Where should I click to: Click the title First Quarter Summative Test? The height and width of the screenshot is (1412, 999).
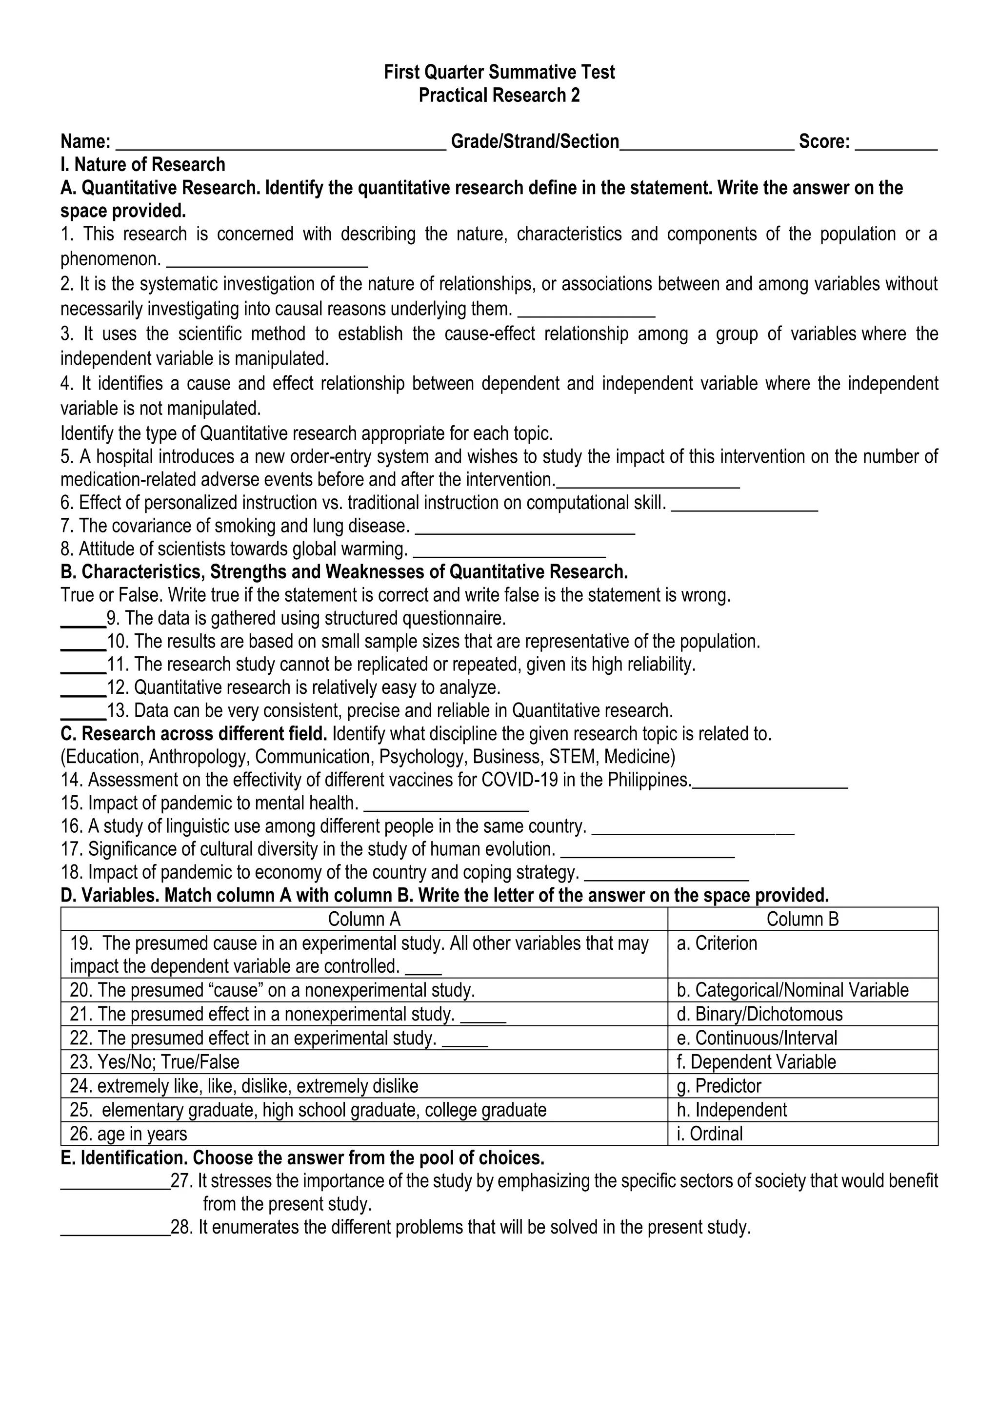499,72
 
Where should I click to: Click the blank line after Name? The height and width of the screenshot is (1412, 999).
280,145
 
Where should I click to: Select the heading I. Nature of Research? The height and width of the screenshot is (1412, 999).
143,164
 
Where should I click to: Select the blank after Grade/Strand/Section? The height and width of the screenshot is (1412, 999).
707,145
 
